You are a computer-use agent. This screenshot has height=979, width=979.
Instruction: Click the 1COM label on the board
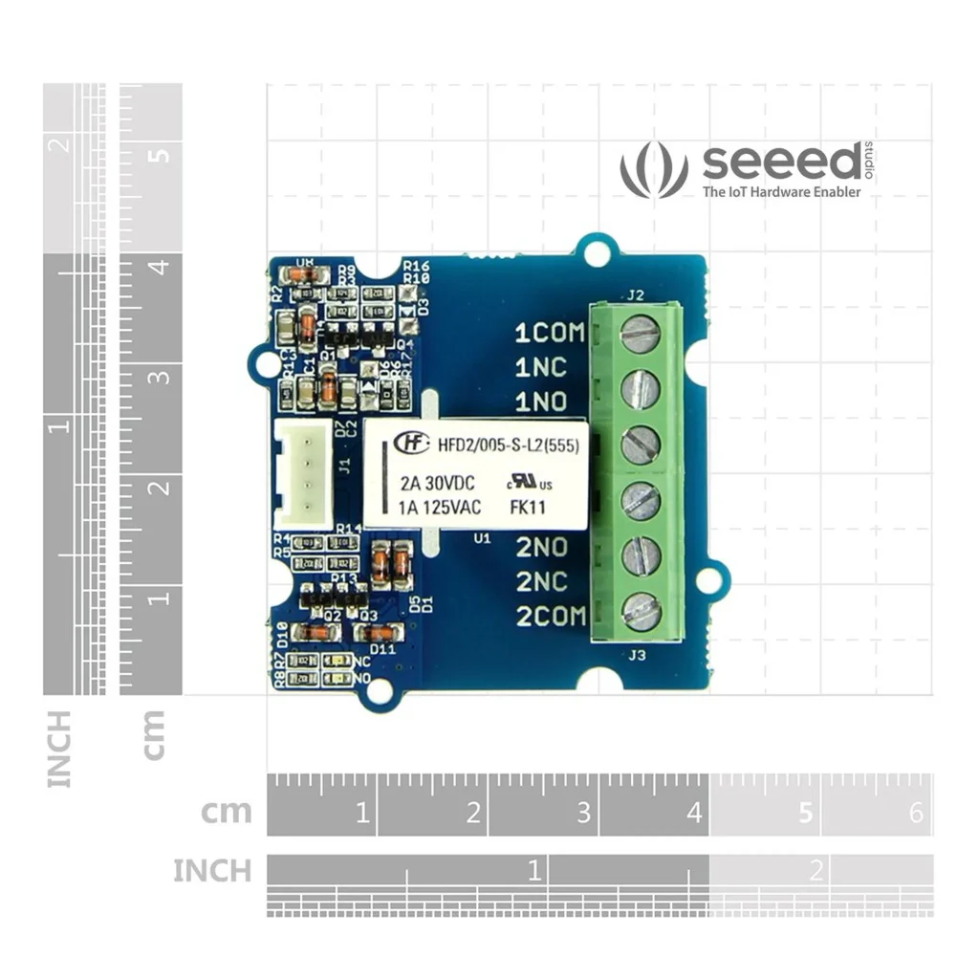point(549,333)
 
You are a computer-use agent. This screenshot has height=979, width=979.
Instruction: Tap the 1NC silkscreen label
point(541,367)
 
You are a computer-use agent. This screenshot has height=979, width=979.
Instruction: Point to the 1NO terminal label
point(541,401)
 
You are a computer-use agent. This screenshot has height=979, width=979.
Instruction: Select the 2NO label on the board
point(541,547)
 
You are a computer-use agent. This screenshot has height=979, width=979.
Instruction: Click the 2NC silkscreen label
point(542,581)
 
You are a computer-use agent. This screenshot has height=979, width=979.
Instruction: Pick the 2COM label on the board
point(551,617)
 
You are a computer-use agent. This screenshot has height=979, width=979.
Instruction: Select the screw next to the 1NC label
point(640,388)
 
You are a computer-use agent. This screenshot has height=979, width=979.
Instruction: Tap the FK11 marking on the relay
point(528,508)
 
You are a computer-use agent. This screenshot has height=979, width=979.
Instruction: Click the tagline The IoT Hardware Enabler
point(781,192)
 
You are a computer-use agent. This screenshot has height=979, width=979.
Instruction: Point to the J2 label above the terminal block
point(636,294)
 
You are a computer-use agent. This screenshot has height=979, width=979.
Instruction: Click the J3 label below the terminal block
point(636,655)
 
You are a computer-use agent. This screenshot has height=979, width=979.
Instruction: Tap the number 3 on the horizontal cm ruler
point(583,814)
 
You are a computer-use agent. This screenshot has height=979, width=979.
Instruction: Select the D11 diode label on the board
point(382,649)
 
